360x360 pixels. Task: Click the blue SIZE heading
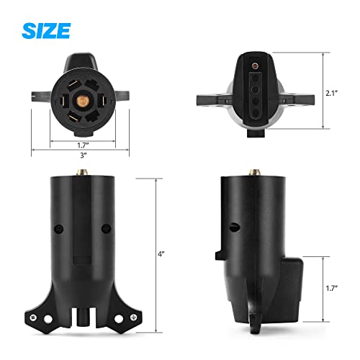pyautogui.click(x=46, y=30)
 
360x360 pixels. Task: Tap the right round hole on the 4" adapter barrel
pyautogui.click(x=106, y=230)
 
